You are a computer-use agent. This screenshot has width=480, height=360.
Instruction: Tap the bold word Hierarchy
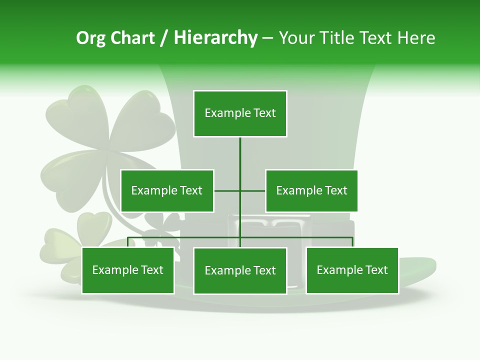[215, 38]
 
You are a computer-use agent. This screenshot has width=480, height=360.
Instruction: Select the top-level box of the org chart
[240, 113]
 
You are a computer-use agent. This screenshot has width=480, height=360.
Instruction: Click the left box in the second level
[167, 190]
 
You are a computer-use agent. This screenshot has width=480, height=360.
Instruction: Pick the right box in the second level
[311, 190]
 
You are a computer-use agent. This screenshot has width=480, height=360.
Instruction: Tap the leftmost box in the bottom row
[128, 270]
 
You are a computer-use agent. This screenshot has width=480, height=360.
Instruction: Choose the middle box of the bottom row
[240, 271]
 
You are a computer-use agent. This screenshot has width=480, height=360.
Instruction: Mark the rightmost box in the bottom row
[352, 270]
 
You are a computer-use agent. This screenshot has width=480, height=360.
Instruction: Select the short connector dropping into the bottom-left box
[128, 242]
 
